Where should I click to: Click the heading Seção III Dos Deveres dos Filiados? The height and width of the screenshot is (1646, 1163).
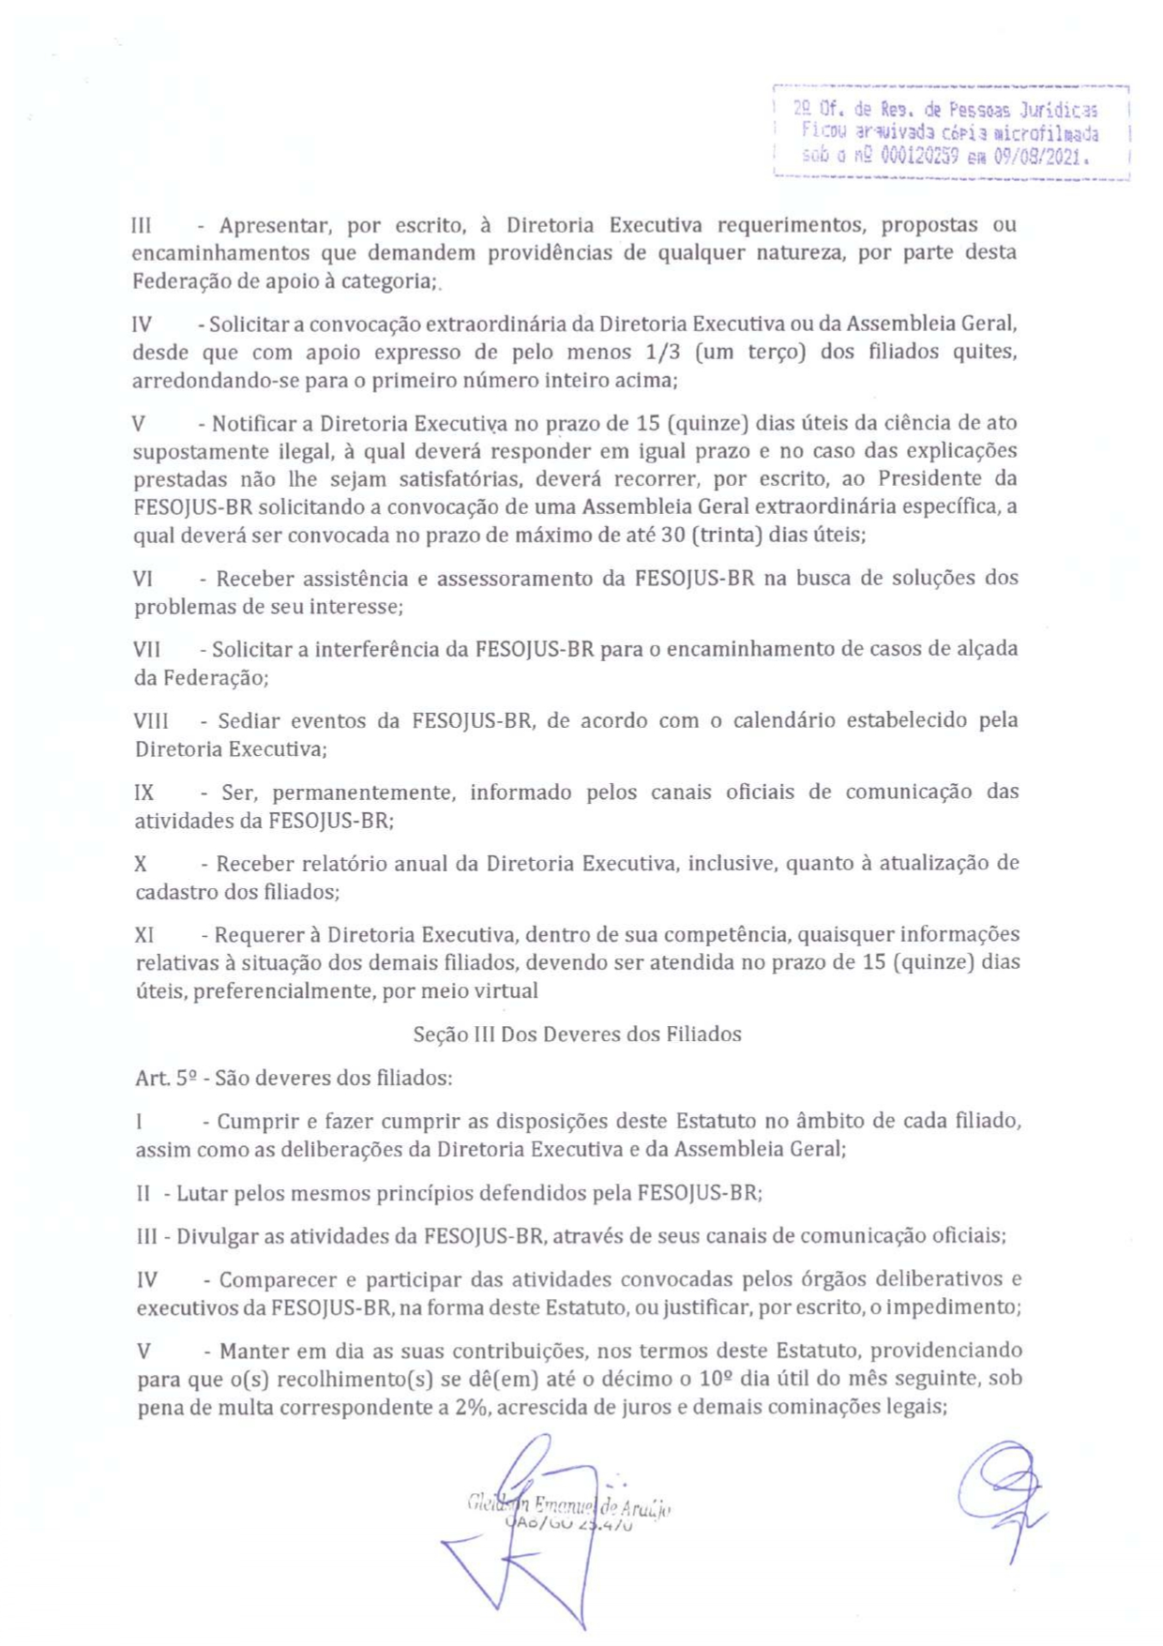click(x=577, y=1034)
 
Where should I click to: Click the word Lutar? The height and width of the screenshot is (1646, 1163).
click(x=202, y=1193)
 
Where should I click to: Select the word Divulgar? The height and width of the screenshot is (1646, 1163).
click(x=218, y=1236)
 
